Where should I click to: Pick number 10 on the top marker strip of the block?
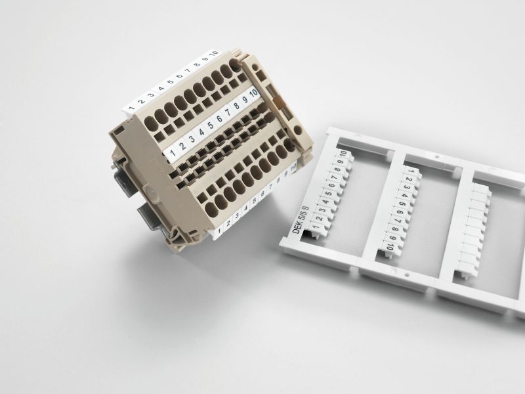pos(214,53)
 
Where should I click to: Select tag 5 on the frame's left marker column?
pos(326,198)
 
